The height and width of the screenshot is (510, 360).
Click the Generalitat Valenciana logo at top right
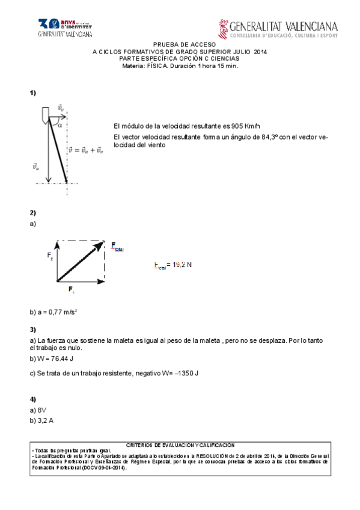pos(278,29)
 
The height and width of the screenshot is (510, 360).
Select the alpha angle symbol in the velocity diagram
pos(60,125)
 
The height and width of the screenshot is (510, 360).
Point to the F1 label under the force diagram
pos(70,289)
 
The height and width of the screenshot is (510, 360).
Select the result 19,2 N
pos(180,265)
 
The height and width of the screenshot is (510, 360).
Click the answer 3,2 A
pos(46,420)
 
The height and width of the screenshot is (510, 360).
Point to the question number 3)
pos(33,330)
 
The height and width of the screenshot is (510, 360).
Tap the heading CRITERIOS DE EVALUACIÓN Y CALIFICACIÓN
pos(179,444)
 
